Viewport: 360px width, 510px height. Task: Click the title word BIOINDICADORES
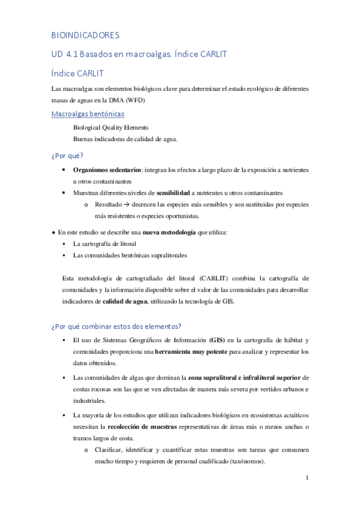pyautogui.click(x=85, y=35)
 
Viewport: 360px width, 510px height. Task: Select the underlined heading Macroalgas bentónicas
pyautogui.click(x=88, y=114)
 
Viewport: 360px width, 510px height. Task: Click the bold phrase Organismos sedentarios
pyautogui.click(x=107, y=170)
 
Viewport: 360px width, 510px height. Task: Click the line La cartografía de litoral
pyautogui.click(x=105, y=244)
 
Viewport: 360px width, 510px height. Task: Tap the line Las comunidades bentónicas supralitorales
pyautogui.click(x=129, y=255)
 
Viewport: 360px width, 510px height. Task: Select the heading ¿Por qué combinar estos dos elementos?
pyautogui.click(x=116, y=327)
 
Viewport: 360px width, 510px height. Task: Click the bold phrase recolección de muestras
pyautogui.click(x=142, y=426)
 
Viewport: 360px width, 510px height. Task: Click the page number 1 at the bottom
pyautogui.click(x=307, y=478)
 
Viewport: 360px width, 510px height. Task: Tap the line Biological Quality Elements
pyautogui.click(x=111, y=127)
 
